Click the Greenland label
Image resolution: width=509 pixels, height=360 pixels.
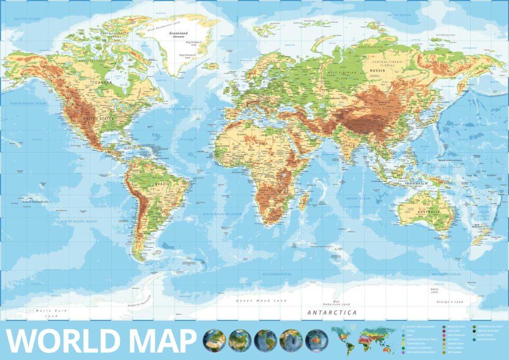click(178, 34)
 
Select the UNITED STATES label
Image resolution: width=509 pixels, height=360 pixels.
click(98, 118)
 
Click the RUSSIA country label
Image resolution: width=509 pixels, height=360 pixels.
click(378, 70)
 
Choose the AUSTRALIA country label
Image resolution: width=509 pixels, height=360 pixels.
click(431, 212)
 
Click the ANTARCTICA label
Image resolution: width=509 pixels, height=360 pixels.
click(332, 313)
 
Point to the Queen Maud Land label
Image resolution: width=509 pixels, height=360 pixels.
click(261, 301)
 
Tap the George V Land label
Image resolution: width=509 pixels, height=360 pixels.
click(449, 302)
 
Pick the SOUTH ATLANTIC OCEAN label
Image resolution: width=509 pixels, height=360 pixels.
click(222, 214)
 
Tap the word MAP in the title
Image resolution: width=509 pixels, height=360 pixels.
click(158, 341)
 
